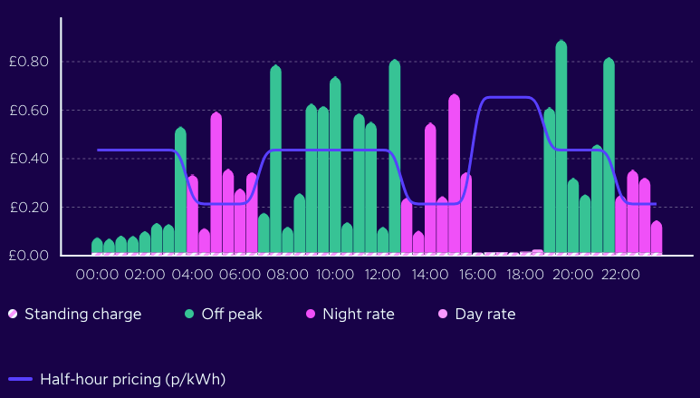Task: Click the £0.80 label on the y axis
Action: (x=27, y=62)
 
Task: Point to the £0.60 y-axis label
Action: (x=27, y=111)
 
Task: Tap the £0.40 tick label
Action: (x=27, y=159)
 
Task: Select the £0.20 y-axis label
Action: (x=27, y=208)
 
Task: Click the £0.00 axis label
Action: (x=27, y=256)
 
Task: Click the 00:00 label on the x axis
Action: (x=97, y=273)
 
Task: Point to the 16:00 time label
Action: (x=477, y=273)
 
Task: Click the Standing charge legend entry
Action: (x=75, y=315)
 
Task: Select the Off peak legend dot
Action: (x=190, y=315)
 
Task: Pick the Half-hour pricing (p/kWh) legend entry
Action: (x=117, y=379)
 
